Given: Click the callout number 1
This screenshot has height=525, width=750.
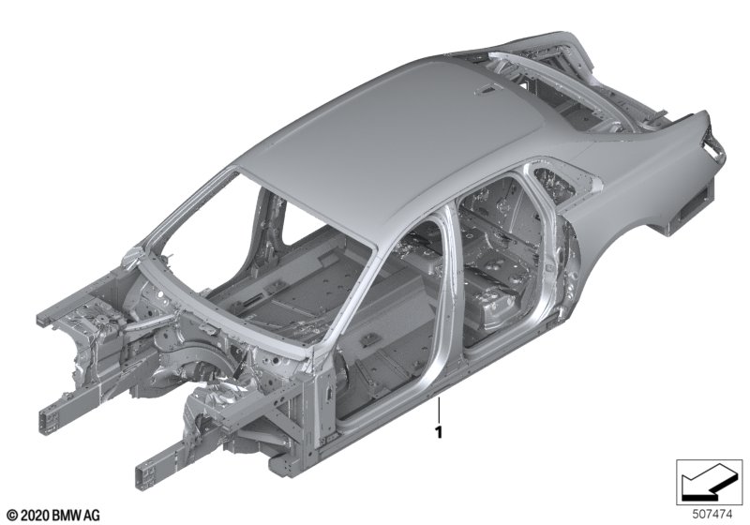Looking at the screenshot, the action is (438, 432).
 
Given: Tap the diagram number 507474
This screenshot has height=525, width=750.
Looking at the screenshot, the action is (712, 515).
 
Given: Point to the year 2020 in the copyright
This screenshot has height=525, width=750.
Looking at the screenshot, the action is (35, 515).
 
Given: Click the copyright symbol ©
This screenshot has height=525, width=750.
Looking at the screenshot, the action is (12, 515).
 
